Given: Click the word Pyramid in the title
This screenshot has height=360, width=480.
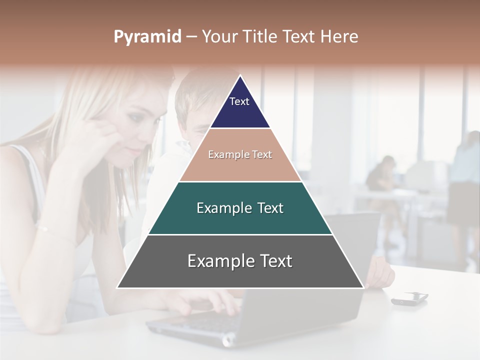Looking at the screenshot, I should [147, 37].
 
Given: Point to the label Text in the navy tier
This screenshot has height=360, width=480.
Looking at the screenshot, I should [239, 101].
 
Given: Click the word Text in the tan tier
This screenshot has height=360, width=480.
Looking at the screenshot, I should [262, 155].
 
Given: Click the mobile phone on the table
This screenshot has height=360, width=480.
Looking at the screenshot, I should [409, 298].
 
